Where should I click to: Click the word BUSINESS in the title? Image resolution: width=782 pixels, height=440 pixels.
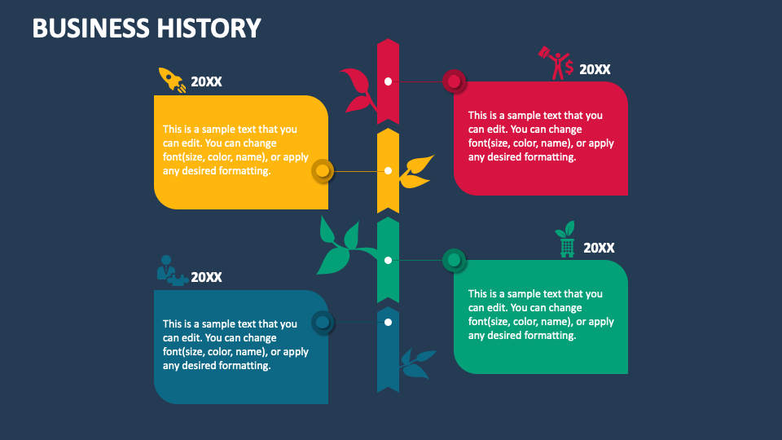point(89,28)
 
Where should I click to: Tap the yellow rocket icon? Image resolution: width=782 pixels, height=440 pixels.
point(171,80)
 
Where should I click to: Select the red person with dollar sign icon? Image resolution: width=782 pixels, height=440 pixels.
point(556,64)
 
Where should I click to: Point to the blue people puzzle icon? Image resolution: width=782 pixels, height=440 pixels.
point(170,271)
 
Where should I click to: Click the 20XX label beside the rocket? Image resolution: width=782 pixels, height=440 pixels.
point(206,81)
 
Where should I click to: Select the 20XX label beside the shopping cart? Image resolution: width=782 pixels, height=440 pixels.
point(599,248)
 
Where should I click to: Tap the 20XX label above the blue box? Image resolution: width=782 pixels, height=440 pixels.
point(206,277)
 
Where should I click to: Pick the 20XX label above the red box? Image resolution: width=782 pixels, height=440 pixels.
point(595,70)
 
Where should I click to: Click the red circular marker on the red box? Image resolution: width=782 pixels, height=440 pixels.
point(454,81)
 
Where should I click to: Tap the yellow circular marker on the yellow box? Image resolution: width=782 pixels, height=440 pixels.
point(323,171)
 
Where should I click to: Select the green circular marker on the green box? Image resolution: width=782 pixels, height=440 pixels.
point(454,261)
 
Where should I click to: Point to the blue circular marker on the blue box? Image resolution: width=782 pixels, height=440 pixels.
point(323,323)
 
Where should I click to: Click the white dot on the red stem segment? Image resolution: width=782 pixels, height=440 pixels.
point(389,81)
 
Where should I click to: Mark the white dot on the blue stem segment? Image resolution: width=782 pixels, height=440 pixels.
point(389,322)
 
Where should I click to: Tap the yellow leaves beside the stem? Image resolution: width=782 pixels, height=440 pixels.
point(418,170)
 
